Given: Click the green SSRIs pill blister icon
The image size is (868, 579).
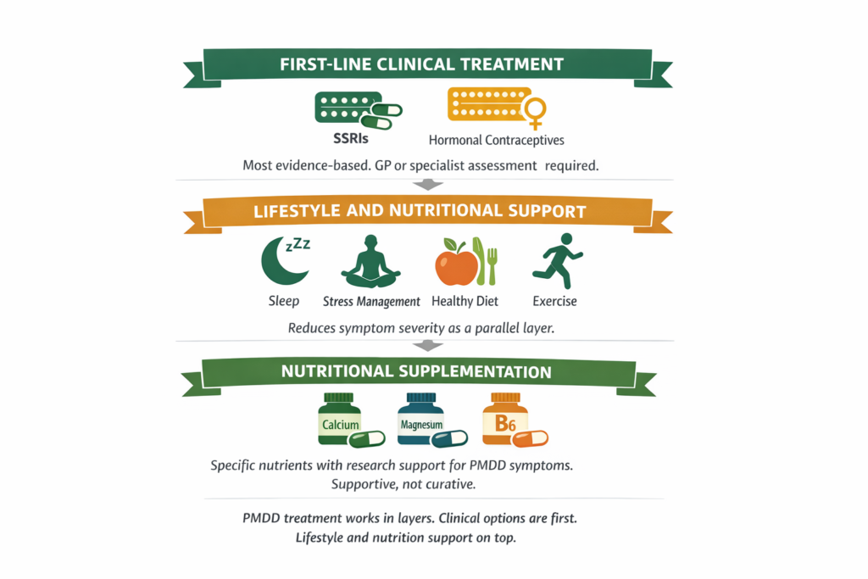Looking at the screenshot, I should coord(352,109).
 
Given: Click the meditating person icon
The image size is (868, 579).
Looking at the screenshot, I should coord(370,261).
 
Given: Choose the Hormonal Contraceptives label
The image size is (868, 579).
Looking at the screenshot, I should coord(497,140).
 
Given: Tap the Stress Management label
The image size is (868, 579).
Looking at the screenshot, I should coord(371,301).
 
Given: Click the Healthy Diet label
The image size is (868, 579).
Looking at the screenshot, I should coord(465,301).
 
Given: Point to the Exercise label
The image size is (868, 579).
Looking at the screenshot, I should coord(554,301).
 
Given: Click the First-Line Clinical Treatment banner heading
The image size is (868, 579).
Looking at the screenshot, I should coord(422,64).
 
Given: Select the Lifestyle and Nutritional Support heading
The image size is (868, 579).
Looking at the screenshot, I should coord(420,211).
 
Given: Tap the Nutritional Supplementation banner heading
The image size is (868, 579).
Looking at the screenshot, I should coord(416,371).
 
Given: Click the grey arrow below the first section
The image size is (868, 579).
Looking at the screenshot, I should coord(429,184).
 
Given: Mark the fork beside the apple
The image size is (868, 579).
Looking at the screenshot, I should coord(491,260).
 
